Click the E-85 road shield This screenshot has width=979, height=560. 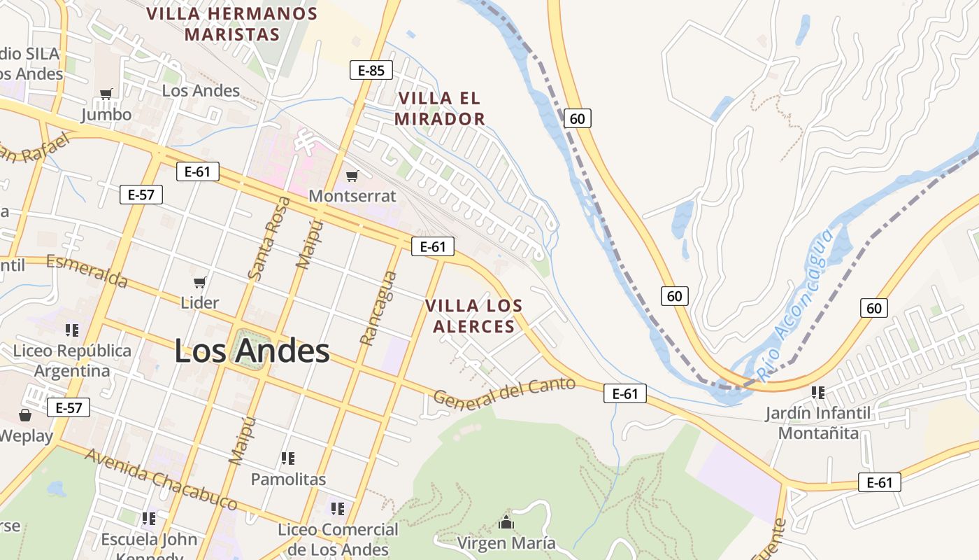click(371, 70)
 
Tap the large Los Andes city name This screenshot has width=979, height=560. click(252, 351)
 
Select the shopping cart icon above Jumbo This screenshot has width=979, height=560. click(106, 94)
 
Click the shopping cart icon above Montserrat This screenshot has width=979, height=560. click(352, 176)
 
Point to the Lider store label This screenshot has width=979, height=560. click(200, 302)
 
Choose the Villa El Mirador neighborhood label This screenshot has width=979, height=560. click(440, 108)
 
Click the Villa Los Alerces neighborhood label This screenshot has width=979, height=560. click(474, 316)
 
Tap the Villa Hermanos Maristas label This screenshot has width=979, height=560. click(232, 24)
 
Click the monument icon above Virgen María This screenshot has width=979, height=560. click(506, 522)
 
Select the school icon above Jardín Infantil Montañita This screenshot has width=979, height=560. click(817, 392)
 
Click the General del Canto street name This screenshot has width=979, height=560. click(504, 394)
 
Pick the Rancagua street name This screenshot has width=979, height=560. click(378, 308)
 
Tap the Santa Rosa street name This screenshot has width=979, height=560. click(269, 239)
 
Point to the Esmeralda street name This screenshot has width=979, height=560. click(87, 271)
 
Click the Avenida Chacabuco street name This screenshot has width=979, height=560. click(161, 479)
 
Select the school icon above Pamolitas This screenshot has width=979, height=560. click(287, 458)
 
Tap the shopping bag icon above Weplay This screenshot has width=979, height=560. click(25, 416)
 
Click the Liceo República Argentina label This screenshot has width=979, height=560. click(72, 360)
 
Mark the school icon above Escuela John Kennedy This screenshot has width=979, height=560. click(149, 519)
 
